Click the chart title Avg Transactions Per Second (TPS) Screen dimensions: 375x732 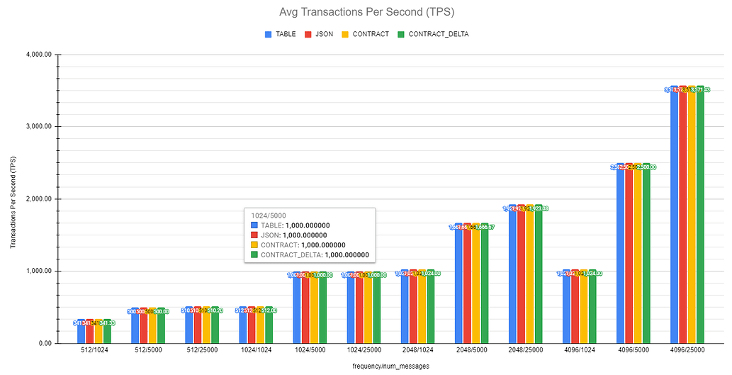(366, 12)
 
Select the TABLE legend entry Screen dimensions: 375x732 (282, 34)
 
